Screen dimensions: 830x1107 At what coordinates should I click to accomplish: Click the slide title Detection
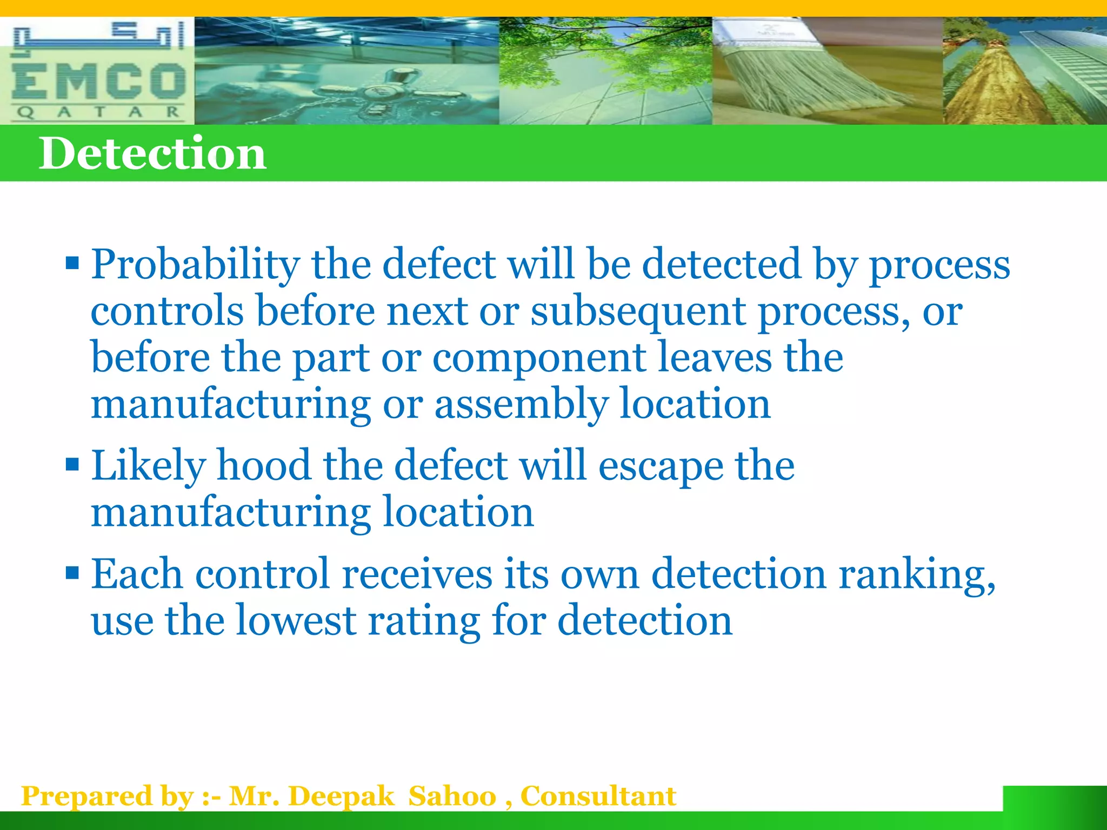pos(152,153)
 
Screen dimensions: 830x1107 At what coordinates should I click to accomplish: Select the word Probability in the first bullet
pos(195,265)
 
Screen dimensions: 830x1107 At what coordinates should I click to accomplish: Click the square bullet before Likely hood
pos(72,465)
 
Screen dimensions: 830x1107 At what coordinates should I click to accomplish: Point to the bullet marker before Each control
pos(72,573)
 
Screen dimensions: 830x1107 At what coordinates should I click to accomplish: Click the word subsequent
pos(638,312)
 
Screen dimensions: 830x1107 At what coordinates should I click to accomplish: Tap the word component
pos(538,358)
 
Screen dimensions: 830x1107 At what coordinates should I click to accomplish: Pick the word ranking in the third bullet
pos(917,574)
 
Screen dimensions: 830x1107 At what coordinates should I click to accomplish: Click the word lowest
pos(296,620)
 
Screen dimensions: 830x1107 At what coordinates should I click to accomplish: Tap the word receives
pos(417,574)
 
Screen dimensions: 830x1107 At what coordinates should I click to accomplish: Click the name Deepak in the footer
pos(341,796)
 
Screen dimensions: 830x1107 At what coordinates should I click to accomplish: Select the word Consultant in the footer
pos(598,796)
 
